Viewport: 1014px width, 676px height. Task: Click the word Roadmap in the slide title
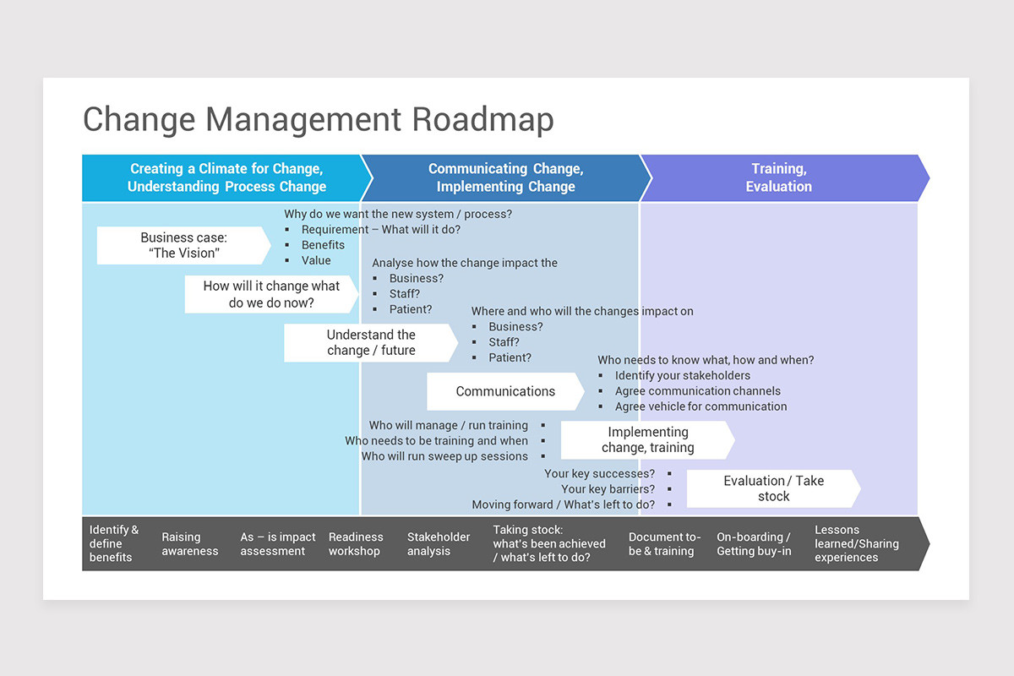point(482,119)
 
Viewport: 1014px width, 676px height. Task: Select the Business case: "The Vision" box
point(183,245)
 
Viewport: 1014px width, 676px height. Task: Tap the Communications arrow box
point(505,391)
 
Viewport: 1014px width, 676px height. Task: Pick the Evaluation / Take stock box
point(773,488)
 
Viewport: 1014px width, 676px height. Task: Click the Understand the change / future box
point(371,342)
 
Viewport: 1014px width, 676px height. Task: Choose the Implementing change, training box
point(647,440)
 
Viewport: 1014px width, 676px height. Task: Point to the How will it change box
point(271,294)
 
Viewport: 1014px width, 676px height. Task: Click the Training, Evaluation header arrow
point(778,177)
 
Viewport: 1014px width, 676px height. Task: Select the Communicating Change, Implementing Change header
point(505,177)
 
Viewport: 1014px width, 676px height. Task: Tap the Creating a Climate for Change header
point(226,177)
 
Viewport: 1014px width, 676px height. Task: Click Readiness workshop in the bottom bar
point(356,543)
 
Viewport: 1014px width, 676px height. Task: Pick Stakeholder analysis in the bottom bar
point(439,543)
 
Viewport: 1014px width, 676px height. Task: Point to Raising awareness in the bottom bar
point(190,543)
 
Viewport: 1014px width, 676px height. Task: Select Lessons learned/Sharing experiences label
point(856,543)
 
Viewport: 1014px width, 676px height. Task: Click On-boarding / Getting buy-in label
point(754,543)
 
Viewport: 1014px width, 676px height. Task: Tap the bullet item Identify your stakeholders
point(682,375)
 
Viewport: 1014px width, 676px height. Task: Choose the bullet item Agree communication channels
point(697,391)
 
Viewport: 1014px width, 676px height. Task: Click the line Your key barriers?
point(608,489)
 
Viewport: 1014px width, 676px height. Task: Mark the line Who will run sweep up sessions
point(444,456)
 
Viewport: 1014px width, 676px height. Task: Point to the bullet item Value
point(316,260)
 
